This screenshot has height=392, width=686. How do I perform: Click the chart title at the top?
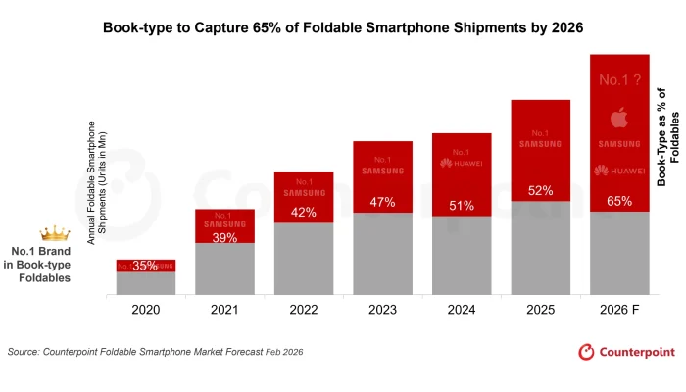pos(343,28)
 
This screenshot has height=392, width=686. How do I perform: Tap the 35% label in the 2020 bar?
pos(146,266)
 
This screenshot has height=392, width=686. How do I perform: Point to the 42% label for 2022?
pos(304,213)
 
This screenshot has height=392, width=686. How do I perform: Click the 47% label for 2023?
pos(382,202)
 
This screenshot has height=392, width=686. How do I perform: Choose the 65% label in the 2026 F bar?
pos(618,200)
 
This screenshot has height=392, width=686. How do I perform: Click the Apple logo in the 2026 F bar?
pos(618,120)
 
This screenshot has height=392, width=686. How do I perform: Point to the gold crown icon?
pos(55,234)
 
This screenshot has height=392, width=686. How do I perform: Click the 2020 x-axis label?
pos(146,309)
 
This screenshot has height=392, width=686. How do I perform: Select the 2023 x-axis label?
pos(382,309)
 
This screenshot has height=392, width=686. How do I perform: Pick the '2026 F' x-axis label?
pos(618,309)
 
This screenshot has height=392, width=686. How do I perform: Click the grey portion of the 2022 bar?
pos(304,259)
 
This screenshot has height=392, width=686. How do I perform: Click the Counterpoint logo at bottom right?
pos(625,351)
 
